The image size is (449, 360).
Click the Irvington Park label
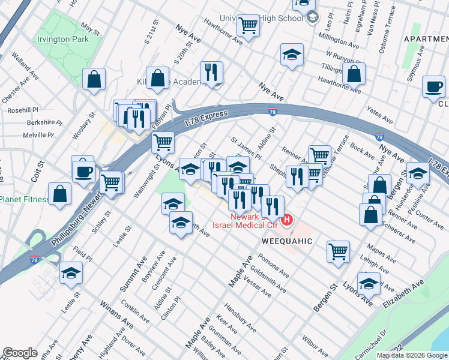62,39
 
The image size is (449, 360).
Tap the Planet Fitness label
24,199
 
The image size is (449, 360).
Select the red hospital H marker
287,220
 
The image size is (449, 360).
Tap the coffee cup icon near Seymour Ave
433,87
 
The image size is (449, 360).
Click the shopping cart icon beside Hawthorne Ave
248,25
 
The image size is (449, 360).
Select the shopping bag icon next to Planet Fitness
60,194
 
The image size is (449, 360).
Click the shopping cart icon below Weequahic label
339,251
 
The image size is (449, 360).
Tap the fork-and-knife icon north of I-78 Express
211,73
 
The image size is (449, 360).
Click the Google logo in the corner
20,353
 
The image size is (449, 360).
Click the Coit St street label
41,172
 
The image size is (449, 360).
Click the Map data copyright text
412,355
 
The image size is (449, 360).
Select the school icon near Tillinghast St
292,55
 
